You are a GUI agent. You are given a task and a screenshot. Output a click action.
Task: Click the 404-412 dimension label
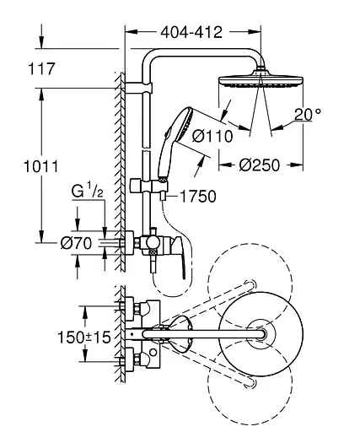point(191,32)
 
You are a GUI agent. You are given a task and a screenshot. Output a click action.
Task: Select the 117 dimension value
point(41,69)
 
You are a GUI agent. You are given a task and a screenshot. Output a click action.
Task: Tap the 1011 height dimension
point(41,166)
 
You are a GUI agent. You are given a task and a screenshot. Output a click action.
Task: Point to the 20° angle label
point(308,115)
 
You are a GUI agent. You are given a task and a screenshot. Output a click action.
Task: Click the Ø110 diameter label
point(212,137)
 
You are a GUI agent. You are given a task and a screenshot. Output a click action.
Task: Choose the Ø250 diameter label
point(260,165)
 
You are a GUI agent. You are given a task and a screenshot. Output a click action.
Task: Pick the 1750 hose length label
point(198,197)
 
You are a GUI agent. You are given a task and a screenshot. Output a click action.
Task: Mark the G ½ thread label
point(88,191)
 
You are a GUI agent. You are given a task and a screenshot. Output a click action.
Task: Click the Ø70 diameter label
point(76,243)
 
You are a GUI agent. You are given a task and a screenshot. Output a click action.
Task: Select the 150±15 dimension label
point(84,337)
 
